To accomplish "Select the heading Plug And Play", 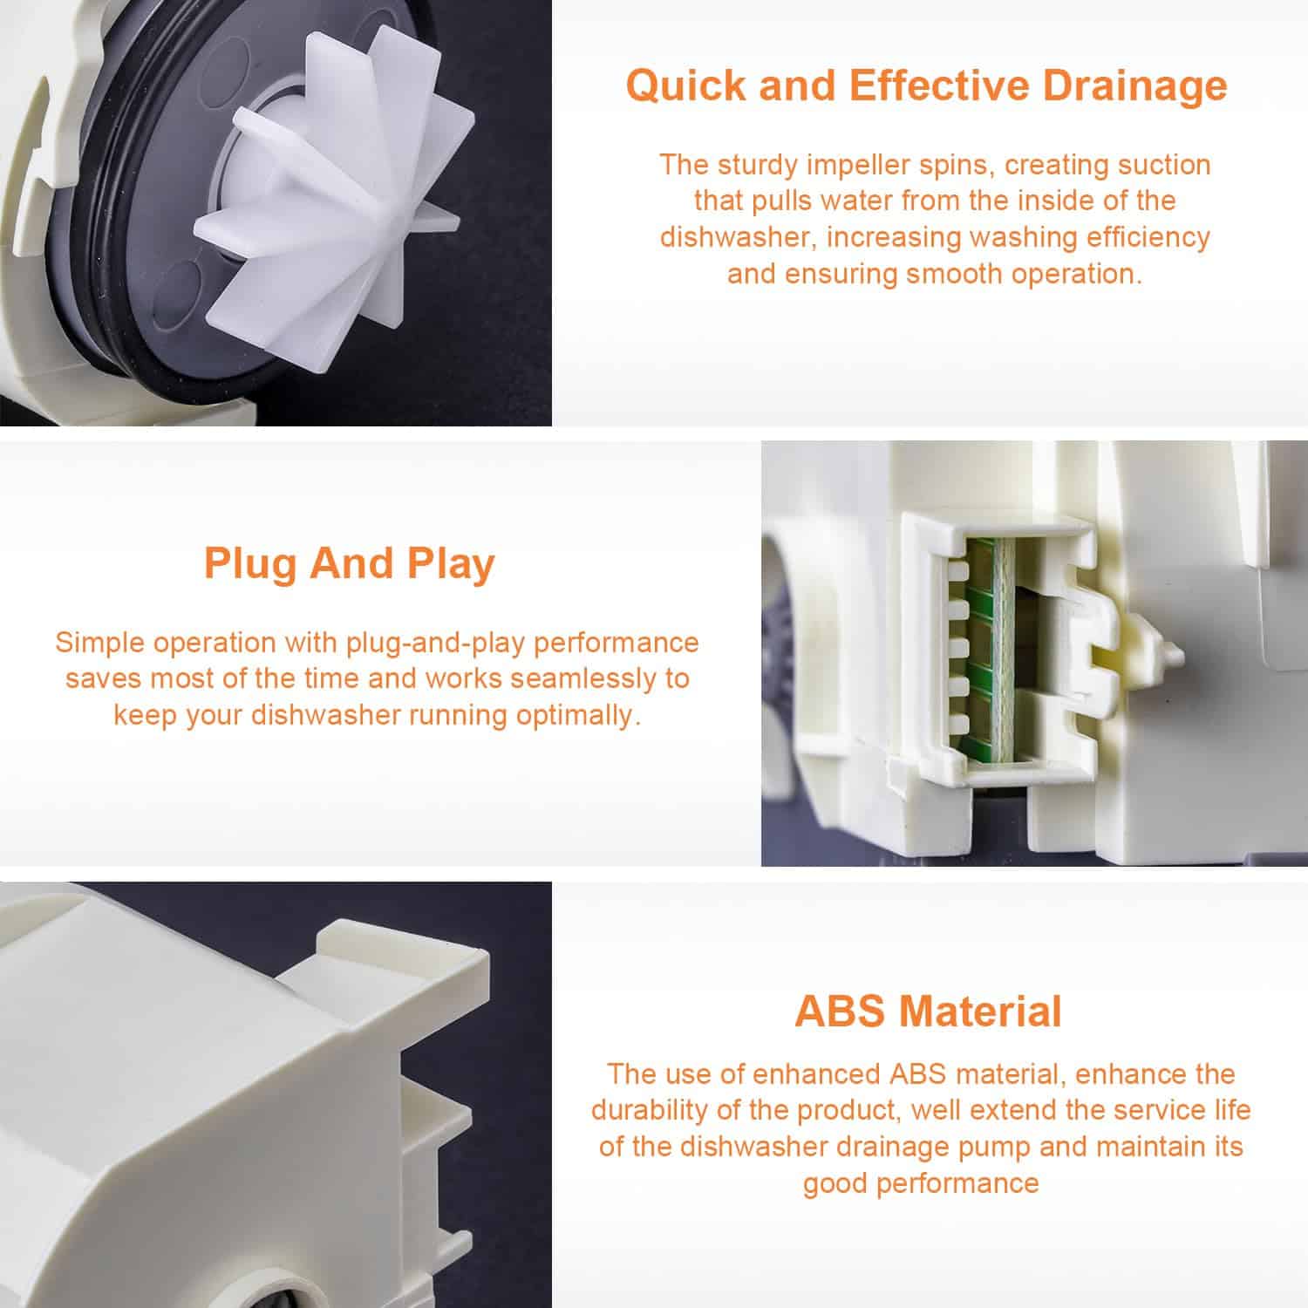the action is (349, 564).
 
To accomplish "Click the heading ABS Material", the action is (928, 1012).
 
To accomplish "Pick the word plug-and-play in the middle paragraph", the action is (436, 644).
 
